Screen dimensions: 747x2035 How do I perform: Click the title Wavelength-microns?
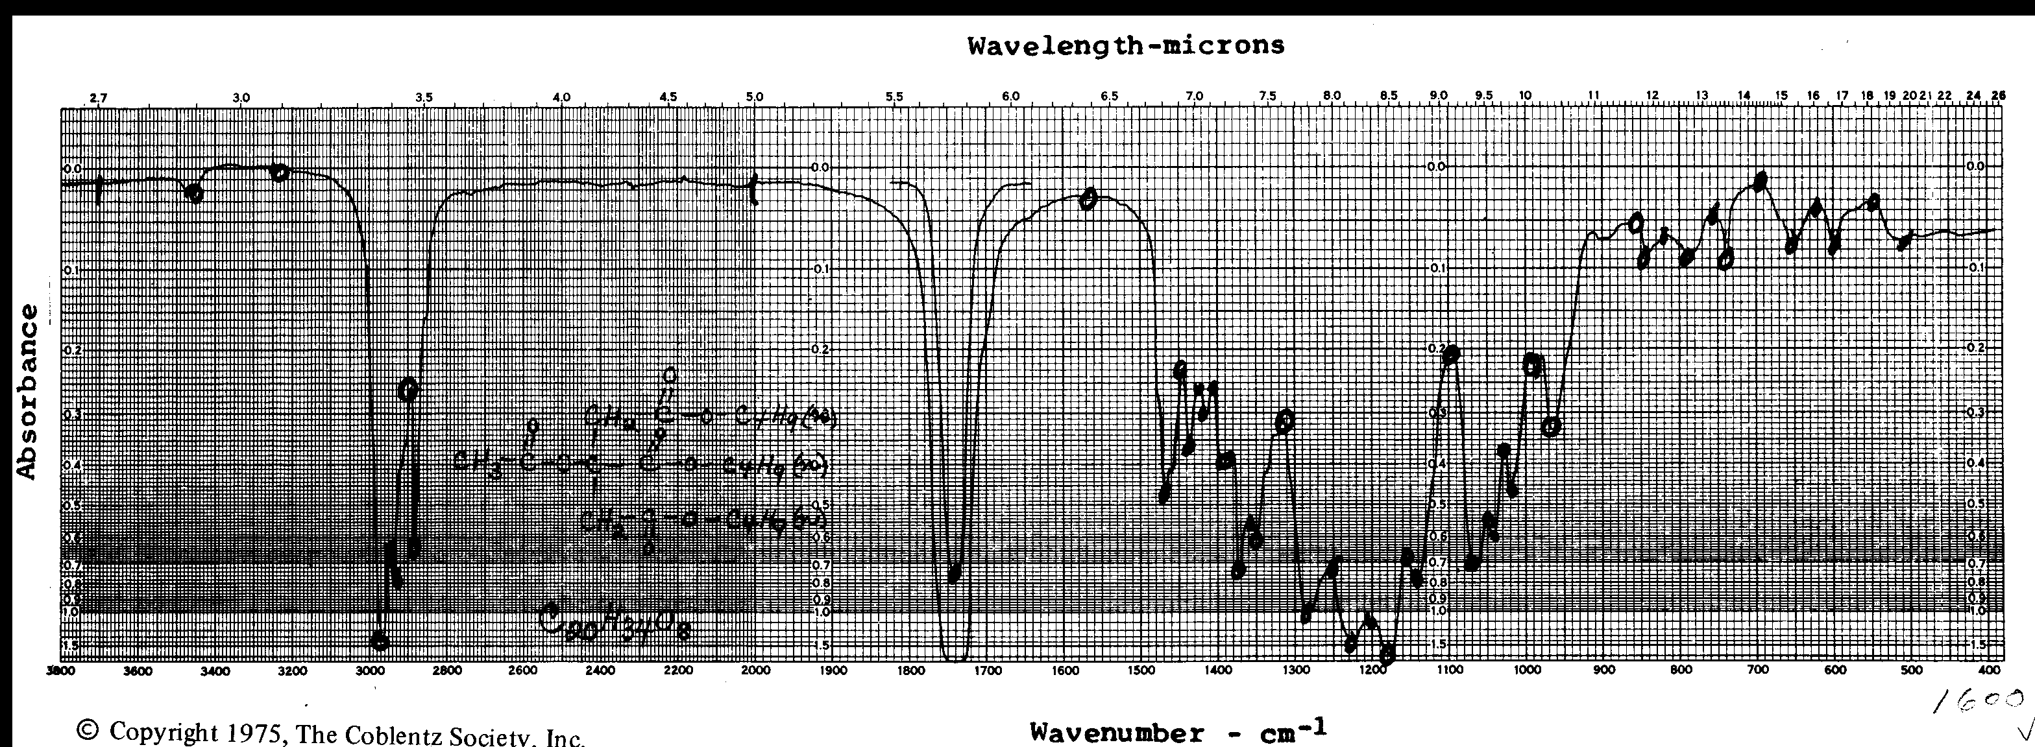[x=1126, y=46]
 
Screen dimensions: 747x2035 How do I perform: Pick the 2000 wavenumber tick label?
[x=756, y=671]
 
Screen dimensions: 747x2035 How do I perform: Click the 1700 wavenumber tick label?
[x=988, y=671]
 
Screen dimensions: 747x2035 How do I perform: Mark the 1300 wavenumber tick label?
[x=1296, y=671]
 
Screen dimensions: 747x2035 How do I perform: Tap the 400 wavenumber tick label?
[x=1991, y=670]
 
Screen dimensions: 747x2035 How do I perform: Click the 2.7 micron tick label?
[x=98, y=99]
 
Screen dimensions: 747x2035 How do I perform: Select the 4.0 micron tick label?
[x=562, y=98]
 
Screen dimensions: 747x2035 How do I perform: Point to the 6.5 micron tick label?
[x=1109, y=97]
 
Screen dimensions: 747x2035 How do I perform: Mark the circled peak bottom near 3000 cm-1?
[x=380, y=641]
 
